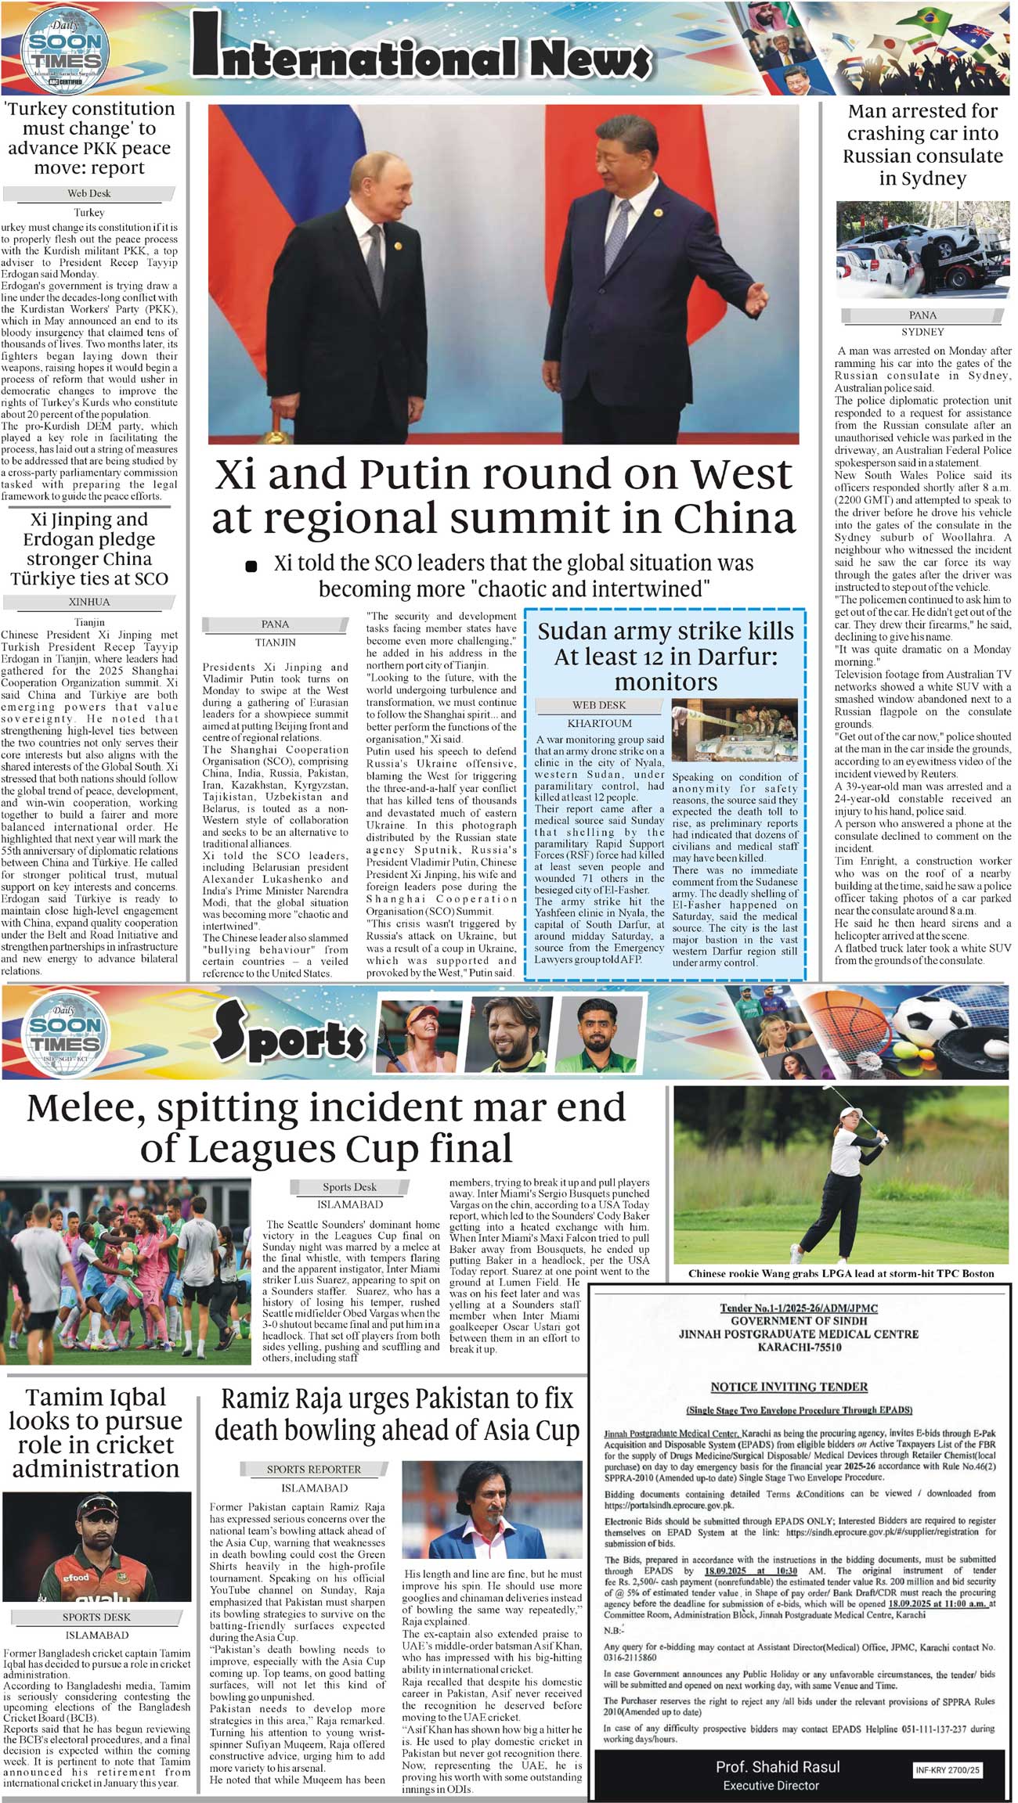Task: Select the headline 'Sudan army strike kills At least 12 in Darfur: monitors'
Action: [665, 656]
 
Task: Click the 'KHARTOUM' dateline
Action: [599, 723]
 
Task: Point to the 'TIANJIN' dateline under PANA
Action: [275, 642]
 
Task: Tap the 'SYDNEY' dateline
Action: [922, 331]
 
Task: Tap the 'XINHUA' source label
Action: [89, 602]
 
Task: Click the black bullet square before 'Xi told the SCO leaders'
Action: [251, 566]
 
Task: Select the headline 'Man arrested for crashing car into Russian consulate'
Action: [922, 145]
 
